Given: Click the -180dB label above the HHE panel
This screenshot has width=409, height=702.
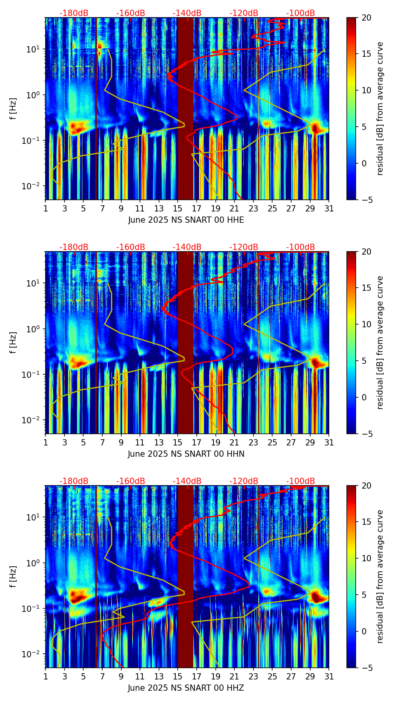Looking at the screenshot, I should coord(74,14).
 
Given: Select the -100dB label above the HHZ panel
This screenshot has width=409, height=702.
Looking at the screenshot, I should coord(301,482).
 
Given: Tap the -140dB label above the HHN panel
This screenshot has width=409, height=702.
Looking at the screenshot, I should coord(187,248).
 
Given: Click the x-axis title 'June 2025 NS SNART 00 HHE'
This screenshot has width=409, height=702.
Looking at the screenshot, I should coord(186,220).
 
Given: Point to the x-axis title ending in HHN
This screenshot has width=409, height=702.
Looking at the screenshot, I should coord(186,454).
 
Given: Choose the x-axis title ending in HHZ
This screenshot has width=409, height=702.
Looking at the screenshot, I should coord(186,688).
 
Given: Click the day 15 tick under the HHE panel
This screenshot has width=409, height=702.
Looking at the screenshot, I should coord(178,209).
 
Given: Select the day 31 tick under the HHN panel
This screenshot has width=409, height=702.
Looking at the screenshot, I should coord(329,443).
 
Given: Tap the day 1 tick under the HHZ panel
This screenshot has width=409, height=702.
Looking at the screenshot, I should coord(45,677).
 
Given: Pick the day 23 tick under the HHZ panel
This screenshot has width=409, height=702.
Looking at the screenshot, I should coord(253,677).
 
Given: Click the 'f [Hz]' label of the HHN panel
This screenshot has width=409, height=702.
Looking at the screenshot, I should coord(13,342).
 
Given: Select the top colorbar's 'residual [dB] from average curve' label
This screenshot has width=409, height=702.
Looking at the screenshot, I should coord(380,108).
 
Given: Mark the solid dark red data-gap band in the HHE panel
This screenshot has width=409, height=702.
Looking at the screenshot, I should coord(185,109).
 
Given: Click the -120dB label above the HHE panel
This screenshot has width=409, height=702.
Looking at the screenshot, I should coord(244,14).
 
